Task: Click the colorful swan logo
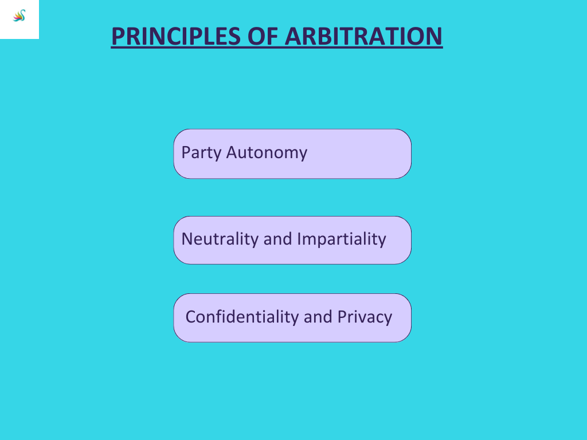19,15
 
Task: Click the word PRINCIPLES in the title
175,36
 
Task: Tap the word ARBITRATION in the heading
363,36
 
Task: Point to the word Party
201,153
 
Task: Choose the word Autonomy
267,153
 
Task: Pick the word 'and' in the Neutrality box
277,239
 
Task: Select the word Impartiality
342,239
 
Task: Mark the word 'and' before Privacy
318,317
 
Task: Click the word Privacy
365,317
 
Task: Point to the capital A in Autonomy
232,152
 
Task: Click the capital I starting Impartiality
299,239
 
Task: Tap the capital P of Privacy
343,317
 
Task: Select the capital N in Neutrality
187,239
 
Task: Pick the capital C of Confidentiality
191,317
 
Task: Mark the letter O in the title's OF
256,36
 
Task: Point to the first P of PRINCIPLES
118,36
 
